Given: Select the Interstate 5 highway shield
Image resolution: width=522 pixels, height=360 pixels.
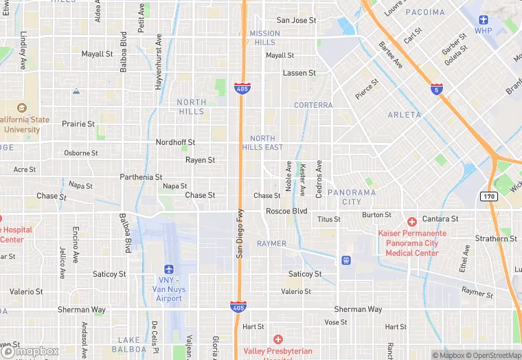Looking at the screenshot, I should tap(436, 89).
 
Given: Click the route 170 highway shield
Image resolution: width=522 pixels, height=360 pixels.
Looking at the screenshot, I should tap(488, 196).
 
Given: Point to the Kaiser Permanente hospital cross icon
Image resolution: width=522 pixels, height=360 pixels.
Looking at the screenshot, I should tap(411, 221).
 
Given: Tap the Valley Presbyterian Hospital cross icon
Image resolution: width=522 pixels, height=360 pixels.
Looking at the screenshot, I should tap(277, 339).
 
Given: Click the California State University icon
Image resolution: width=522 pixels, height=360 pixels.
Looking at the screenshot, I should tap(21, 108).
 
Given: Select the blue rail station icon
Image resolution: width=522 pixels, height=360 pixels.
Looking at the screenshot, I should tap(345, 260).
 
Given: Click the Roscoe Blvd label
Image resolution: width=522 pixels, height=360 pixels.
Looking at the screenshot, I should tap(286, 211).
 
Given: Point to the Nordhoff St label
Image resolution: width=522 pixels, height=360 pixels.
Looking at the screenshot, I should tap(175, 142).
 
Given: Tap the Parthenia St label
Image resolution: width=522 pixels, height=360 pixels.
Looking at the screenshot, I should tap(141, 177).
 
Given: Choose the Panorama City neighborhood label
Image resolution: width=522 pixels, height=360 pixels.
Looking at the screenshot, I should tap(352, 196).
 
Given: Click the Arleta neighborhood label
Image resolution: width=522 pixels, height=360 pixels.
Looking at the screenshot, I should tap(404, 115).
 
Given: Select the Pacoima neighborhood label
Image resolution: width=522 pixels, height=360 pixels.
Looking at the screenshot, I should tap(425, 12).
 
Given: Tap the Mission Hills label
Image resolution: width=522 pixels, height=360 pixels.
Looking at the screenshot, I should tap(264, 38).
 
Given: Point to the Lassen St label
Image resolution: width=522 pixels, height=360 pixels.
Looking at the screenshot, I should tap(299, 72).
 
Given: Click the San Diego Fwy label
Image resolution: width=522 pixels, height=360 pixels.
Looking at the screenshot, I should tap(240, 233).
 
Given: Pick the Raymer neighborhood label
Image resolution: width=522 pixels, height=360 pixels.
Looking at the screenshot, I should tap(271, 244).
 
